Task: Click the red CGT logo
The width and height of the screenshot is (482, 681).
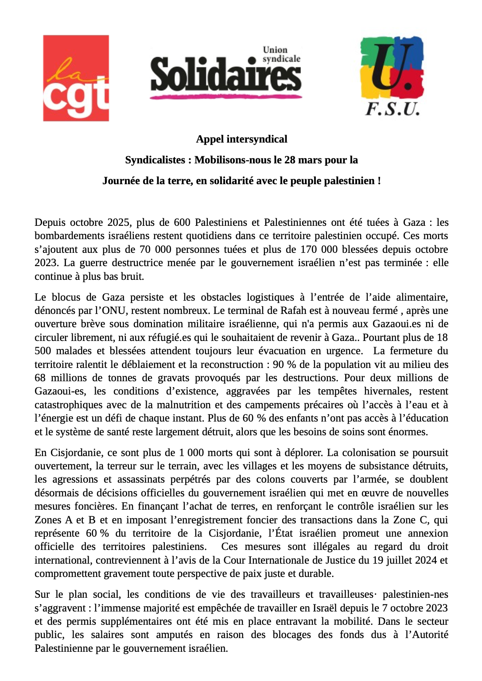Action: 76,78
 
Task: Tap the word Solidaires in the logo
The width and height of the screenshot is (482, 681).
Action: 225,74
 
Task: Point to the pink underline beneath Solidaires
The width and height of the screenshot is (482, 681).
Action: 225,96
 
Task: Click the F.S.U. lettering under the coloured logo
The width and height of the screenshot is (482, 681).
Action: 393,108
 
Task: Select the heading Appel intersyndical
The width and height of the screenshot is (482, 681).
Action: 241,139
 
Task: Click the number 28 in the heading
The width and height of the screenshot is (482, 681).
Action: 290,160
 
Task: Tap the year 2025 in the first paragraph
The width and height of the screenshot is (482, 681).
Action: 119,222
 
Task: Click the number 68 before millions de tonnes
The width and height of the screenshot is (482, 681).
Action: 40,378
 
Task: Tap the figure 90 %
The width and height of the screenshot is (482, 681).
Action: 284,364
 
